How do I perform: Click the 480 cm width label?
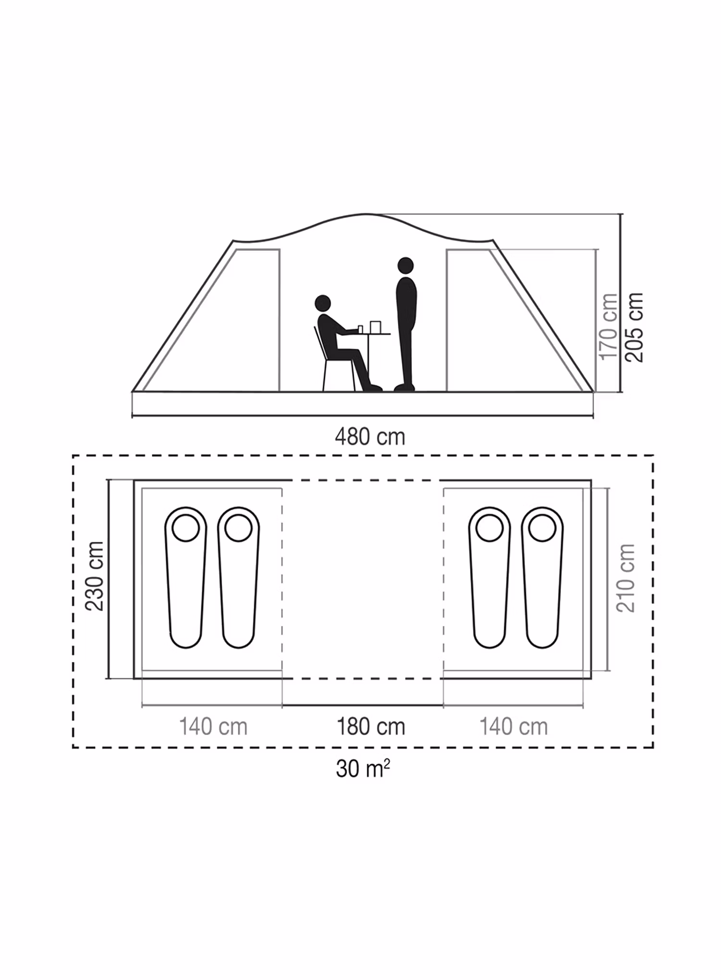[x=370, y=437]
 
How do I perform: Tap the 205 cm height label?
[x=634, y=327]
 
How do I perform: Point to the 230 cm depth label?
[x=95, y=576]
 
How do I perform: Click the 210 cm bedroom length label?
[x=625, y=578]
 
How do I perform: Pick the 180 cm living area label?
[x=371, y=726]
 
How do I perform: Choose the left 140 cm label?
[x=213, y=726]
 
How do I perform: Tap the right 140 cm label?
[x=513, y=726]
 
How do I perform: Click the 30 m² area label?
[x=362, y=769]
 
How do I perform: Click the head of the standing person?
[x=406, y=266]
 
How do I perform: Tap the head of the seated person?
[x=323, y=304]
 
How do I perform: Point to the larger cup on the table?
[x=375, y=327]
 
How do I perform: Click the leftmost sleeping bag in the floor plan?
[x=186, y=577]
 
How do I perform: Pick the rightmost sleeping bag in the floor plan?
[x=542, y=577]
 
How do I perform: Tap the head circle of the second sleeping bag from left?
[x=238, y=528]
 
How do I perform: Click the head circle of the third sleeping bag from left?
[x=489, y=528]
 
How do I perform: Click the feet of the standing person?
[x=404, y=387]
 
